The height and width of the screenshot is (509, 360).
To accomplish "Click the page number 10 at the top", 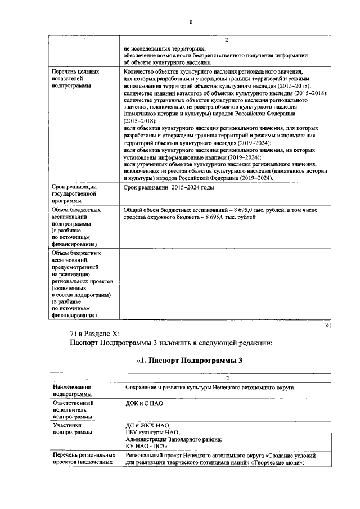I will (189, 22).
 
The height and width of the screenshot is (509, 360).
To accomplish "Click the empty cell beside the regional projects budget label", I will (225, 285).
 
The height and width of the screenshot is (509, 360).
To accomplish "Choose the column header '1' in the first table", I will (84, 40).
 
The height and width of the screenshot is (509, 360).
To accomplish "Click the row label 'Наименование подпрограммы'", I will (72, 391).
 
